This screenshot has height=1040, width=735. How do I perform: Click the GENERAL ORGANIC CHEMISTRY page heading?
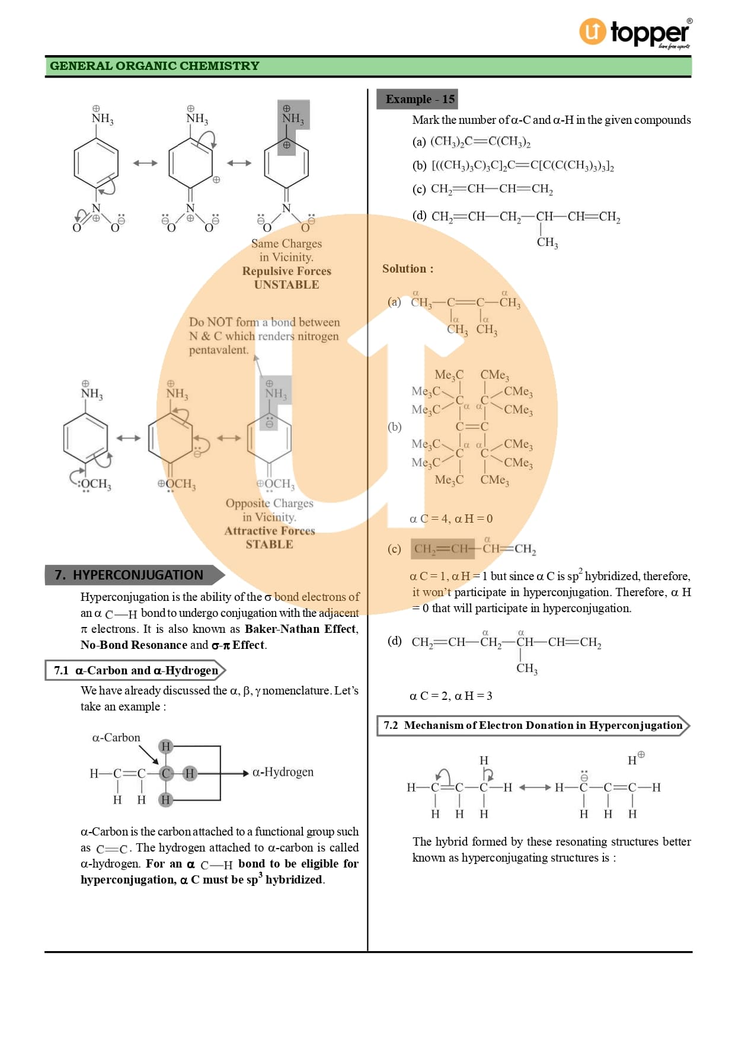[x=155, y=66]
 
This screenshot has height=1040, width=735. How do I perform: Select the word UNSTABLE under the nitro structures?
[x=286, y=284]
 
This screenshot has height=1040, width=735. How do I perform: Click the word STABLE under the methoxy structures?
[x=269, y=544]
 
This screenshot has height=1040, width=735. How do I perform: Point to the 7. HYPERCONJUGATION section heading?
[x=129, y=575]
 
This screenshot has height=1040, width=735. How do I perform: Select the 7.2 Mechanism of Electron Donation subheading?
[x=532, y=725]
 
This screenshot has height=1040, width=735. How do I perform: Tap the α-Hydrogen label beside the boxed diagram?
[x=283, y=772]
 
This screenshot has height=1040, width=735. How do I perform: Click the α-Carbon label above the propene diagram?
[x=116, y=737]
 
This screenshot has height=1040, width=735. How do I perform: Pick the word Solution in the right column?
[x=405, y=268]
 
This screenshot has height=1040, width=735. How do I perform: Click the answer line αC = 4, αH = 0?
[x=451, y=519]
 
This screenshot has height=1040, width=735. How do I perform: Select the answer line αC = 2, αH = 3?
[x=451, y=696]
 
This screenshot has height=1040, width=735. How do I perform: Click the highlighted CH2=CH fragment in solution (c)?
[x=442, y=549]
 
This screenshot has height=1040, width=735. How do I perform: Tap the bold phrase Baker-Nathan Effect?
[x=301, y=629]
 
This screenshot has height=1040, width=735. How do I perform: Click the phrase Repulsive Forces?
[x=286, y=271]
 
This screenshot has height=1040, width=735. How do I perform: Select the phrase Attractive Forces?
[x=269, y=530]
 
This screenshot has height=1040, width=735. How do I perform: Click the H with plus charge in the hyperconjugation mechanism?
[x=634, y=759]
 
